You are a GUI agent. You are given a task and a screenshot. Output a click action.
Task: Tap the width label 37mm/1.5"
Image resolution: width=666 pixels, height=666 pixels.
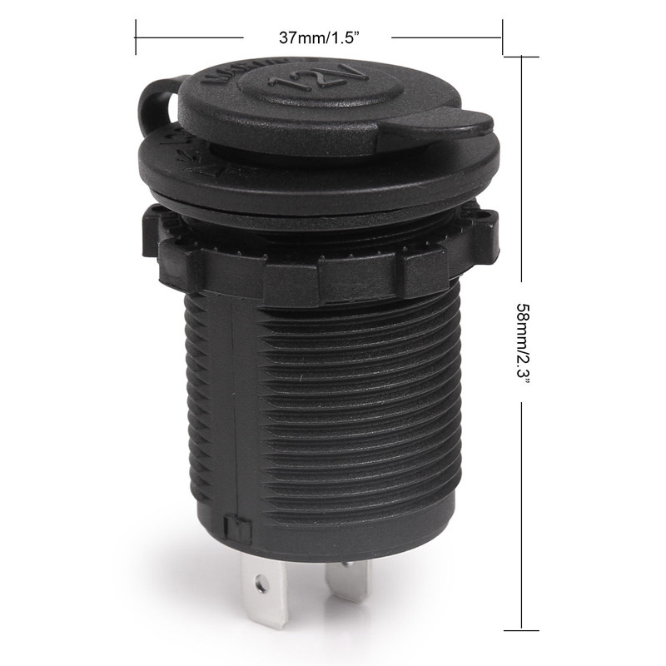tap(317, 38)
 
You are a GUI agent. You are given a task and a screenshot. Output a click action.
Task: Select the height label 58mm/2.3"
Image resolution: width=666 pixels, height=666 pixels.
tap(522, 341)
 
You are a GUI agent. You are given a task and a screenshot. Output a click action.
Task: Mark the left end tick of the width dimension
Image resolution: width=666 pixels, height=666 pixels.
tap(136, 38)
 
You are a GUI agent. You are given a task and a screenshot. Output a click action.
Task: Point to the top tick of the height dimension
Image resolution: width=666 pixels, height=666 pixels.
tap(522, 57)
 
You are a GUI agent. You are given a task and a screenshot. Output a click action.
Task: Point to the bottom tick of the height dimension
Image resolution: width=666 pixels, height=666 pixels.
tap(522, 627)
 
